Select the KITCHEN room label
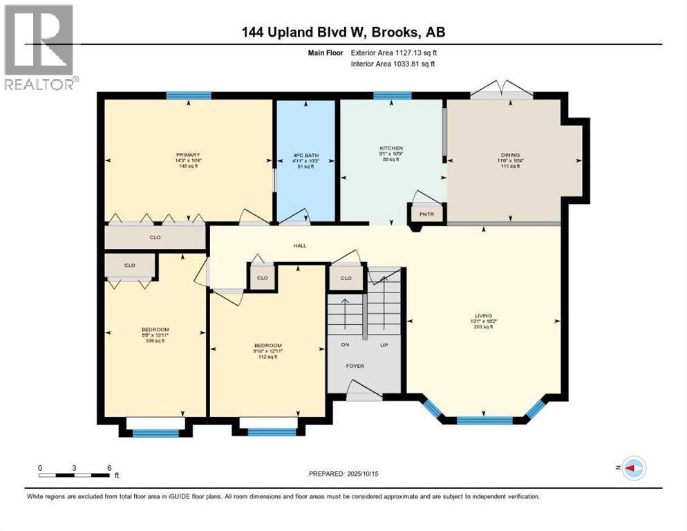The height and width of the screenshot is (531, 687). click(x=390, y=148)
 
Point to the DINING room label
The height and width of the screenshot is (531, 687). click(x=510, y=155)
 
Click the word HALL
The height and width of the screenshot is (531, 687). click(x=299, y=245)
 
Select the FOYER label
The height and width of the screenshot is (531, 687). click(x=355, y=366)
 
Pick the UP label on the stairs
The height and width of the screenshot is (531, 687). click(x=384, y=344)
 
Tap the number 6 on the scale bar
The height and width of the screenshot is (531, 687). click(x=109, y=467)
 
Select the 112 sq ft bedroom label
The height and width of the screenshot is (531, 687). click(x=267, y=357)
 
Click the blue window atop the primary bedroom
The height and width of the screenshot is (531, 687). click(x=188, y=95)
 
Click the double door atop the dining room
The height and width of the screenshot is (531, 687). click(x=502, y=91)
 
